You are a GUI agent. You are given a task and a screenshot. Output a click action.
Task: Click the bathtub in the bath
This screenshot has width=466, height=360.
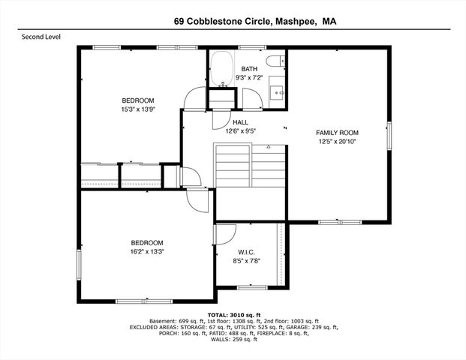221,69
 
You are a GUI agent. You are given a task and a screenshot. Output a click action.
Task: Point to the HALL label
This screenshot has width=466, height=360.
240,122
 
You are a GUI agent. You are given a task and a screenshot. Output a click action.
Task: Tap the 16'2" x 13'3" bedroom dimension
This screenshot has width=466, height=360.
147,251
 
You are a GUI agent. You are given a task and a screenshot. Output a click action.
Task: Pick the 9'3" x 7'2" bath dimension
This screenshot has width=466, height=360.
248,77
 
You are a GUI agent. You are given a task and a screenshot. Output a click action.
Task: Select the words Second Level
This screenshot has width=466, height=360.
41,36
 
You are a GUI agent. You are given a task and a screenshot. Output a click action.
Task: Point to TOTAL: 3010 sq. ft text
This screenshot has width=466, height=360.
233,314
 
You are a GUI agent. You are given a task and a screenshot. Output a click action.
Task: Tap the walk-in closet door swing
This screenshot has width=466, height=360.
222,234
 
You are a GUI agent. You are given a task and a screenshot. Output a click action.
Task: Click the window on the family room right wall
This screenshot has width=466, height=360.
388,134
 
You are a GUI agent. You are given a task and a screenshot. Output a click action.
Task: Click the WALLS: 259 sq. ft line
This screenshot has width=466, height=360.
233,340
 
